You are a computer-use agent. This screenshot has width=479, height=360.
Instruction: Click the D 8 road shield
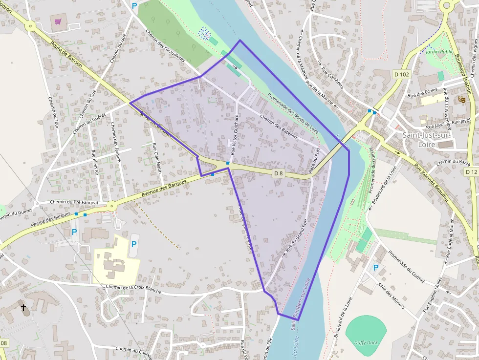tap(278, 173)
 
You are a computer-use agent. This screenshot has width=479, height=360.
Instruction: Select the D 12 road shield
tap(471, 172)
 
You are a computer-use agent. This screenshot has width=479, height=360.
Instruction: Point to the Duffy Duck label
tap(366, 342)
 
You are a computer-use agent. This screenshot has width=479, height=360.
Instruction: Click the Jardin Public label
tap(439, 51)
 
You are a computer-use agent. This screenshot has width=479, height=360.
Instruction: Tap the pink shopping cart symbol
tap(58, 22)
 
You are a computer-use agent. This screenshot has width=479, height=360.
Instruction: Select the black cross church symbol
tap(23, 307)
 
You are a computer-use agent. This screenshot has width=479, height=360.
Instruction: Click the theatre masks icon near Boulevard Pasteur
tap(461, 99)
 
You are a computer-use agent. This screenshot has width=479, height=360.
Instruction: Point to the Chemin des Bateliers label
tap(279, 127)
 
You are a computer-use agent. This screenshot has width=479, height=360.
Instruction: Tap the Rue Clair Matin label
tap(157, 158)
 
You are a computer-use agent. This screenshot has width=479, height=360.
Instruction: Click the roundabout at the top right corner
tap(446, 5)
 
